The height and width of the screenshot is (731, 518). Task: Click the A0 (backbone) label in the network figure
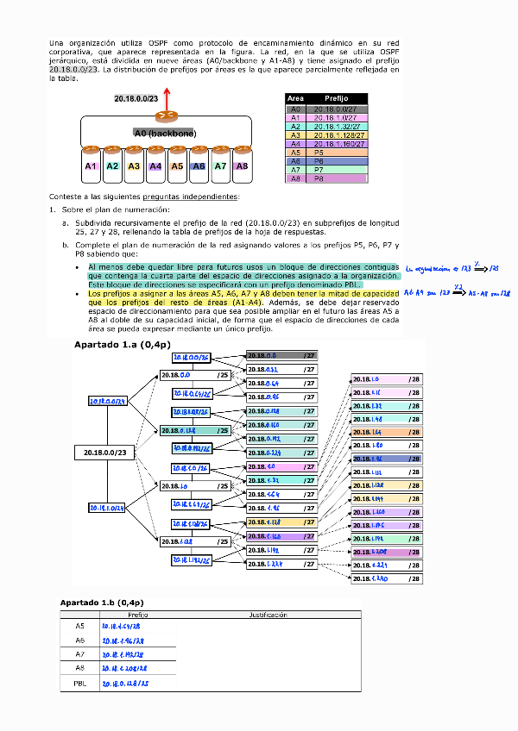(x=165, y=134)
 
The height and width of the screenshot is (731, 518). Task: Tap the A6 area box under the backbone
(x=199, y=166)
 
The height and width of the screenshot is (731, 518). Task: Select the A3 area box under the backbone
(x=134, y=166)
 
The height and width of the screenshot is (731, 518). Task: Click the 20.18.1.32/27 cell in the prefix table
(x=337, y=127)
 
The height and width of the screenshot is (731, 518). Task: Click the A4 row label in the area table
(x=295, y=144)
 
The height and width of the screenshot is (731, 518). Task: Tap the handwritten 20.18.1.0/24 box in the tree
(x=108, y=508)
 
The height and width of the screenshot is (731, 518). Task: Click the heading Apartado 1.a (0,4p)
(x=116, y=345)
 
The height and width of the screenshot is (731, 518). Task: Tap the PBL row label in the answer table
(x=79, y=684)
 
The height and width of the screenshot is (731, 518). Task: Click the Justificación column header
(x=268, y=615)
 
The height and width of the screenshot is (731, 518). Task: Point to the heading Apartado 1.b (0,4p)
(x=101, y=602)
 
